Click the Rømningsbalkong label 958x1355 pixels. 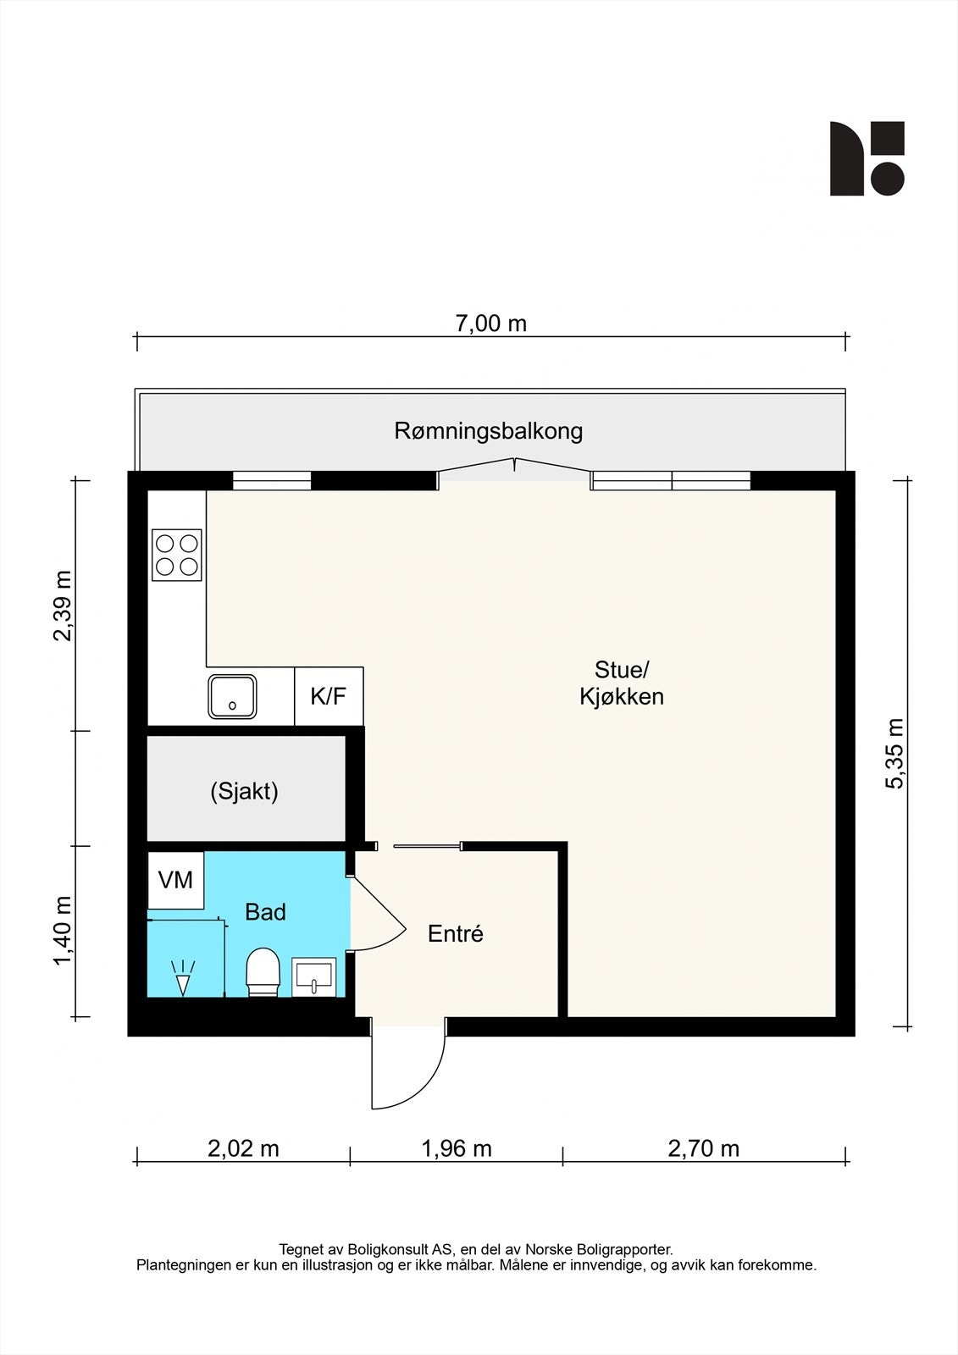[x=488, y=431]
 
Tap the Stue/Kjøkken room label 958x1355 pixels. [x=621, y=683]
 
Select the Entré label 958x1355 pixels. [x=455, y=934]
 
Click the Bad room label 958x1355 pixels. [x=265, y=912]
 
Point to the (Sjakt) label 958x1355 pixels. [x=244, y=792]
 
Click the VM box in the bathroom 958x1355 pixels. [x=176, y=880]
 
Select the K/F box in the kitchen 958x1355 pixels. [x=329, y=696]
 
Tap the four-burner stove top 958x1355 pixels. [x=177, y=555]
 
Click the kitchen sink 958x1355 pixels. [x=233, y=696]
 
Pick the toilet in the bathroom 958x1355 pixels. [x=263, y=971]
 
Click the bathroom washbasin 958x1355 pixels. [x=314, y=976]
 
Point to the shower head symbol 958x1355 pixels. [x=182, y=978]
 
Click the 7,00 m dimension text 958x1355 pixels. [x=491, y=324]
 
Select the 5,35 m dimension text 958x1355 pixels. [x=894, y=754]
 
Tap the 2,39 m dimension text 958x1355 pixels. [x=63, y=606]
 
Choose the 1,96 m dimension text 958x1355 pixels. [x=457, y=1148]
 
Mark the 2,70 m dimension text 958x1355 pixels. [x=703, y=1148]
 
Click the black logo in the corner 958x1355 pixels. [x=867, y=158]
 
